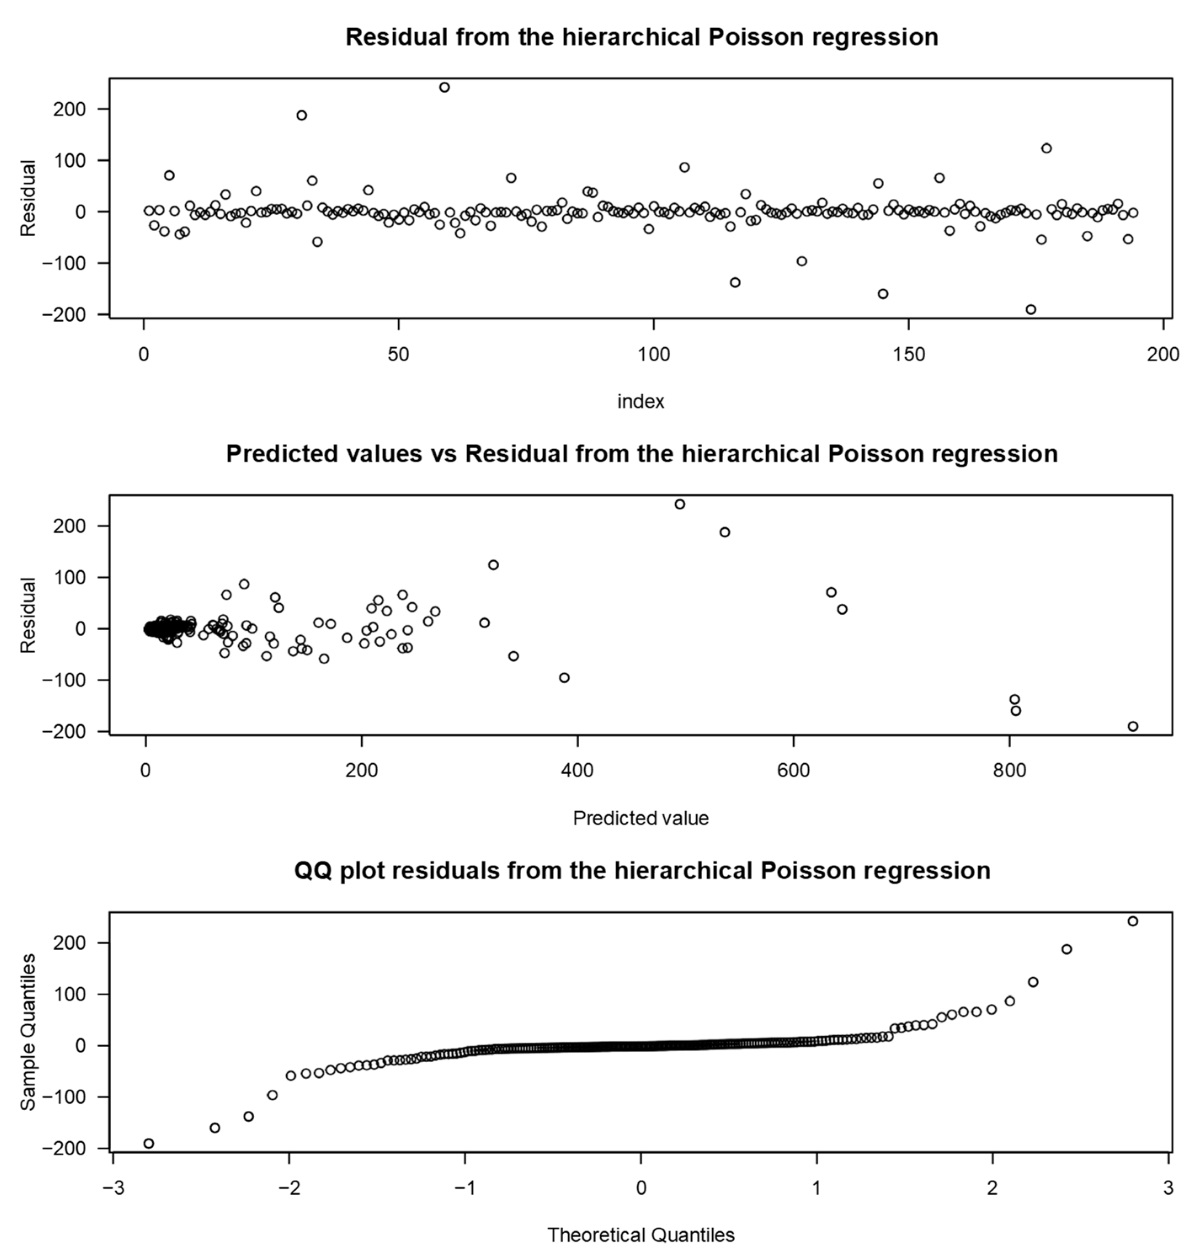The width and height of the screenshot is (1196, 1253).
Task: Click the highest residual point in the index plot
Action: coord(445,87)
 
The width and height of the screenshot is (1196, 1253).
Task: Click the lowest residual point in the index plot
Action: coord(1031,309)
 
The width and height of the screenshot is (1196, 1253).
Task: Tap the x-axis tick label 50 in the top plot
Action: coord(398,355)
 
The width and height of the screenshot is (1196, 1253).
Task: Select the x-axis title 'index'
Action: coord(641,402)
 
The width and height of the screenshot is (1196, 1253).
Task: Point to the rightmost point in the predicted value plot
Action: coord(1133,726)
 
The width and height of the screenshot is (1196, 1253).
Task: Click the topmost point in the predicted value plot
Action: coord(679,504)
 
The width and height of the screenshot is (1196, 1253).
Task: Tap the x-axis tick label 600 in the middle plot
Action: coord(793,771)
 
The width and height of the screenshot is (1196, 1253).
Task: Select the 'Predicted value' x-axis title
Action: coord(641,818)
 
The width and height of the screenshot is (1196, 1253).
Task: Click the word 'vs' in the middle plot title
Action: coord(443,454)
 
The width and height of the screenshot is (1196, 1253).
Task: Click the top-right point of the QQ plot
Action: coord(1133,921)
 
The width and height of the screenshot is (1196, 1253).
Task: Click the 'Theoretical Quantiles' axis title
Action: coord(641,1235)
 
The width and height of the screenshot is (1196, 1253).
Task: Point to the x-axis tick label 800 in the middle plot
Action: coord(1009,771)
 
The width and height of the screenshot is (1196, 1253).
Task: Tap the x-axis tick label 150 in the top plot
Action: coord(908,355)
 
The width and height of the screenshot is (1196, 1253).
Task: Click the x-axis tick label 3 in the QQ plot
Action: coord(1168,1188)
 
